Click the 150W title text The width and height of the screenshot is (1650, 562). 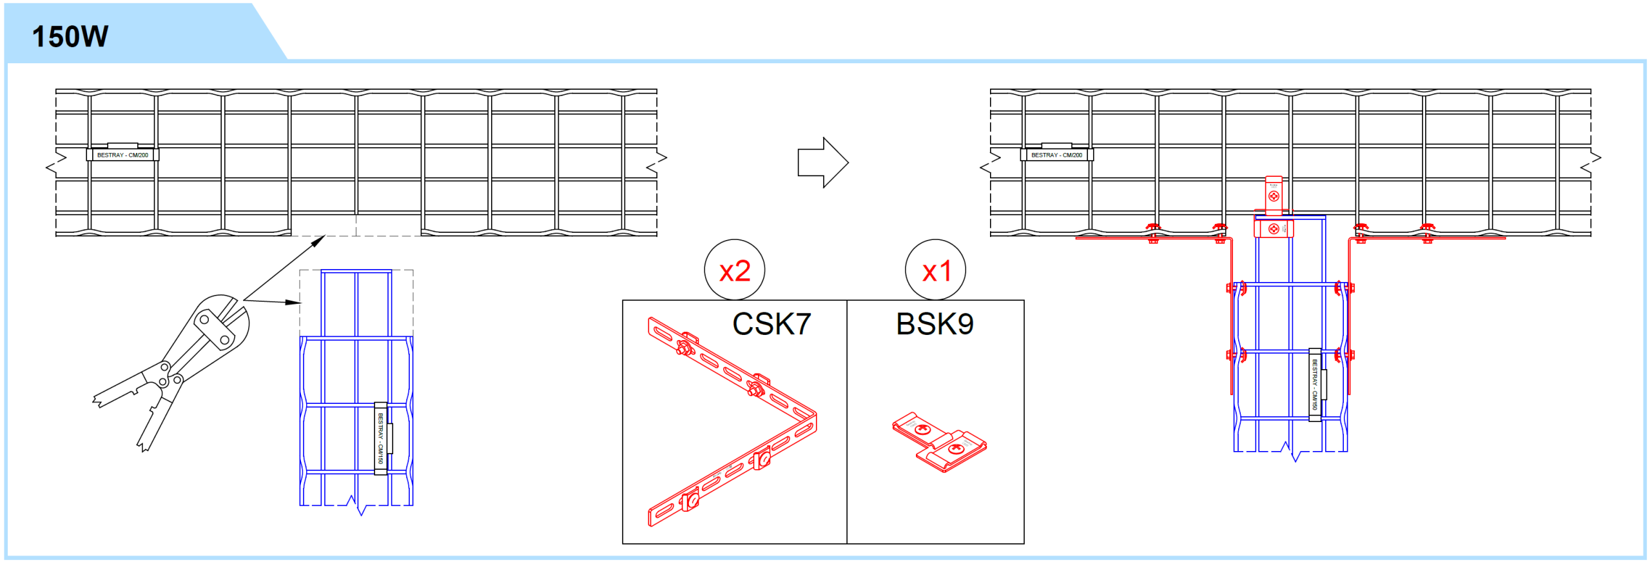tap(70, 36)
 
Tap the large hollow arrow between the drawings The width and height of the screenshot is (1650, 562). tap(823, 163)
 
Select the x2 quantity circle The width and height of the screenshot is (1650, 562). tap(734, 270)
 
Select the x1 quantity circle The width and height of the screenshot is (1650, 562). tap(935, 270)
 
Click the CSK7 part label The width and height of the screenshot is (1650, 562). tap(771, 324)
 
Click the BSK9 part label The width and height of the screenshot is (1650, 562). tap(935, 324)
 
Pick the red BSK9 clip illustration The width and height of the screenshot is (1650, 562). tap(939, 442)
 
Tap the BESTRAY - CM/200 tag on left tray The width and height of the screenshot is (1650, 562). tap(122, 155)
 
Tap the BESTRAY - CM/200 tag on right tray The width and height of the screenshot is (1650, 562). tap(1056, 155)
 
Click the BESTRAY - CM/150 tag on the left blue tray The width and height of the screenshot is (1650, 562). tap(381, 439)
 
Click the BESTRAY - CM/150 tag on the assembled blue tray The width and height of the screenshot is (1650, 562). tap(1315, 385)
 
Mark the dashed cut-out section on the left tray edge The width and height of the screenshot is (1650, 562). tap(356, 225)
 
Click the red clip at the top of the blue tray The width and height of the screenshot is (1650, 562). tap(1274, 228)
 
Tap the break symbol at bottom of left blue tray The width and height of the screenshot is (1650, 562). tap(356, 505)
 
